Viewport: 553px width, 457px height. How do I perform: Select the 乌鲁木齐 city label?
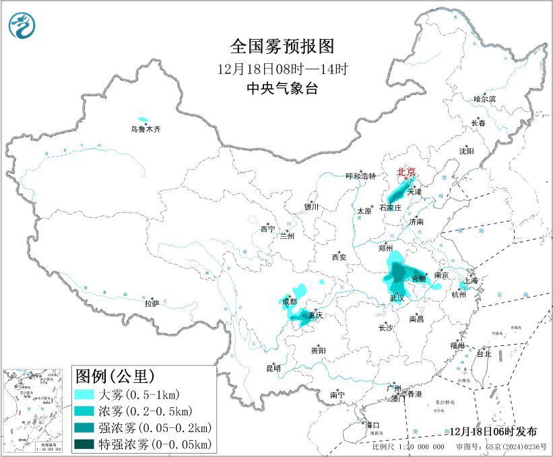tap(146, 129)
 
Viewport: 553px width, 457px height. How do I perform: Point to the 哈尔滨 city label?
tap(484, 99)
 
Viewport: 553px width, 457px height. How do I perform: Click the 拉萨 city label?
tap(152, 304)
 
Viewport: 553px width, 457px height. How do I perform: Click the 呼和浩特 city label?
tap(360, 176)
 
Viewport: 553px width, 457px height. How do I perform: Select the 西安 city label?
tap(338, 257)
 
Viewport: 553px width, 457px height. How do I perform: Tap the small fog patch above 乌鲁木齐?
tap(142, 118)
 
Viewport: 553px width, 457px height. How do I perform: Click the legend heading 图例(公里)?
tap(115, 375)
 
